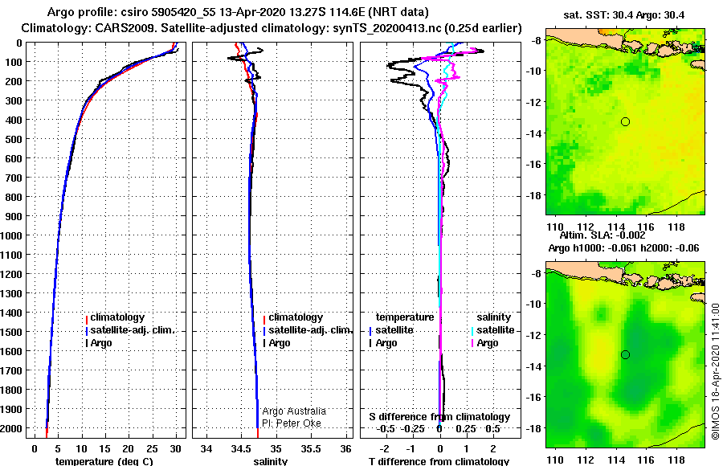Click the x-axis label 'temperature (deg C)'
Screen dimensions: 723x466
click(x=104, y=461)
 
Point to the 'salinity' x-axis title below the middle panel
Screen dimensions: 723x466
click(x=270, y=461)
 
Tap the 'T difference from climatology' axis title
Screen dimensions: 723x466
click(x=439, y=461)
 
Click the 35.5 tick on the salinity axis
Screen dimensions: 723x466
click(x=311, y=448)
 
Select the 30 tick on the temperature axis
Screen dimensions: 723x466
click(x=175, y=448)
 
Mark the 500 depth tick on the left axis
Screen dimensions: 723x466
click(x=14, y=139)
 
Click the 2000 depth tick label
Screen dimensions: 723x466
click(x=11, y=428)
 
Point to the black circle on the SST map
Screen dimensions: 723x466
click(x=625, y=122)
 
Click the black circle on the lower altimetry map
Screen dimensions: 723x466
click(x=625, y=355)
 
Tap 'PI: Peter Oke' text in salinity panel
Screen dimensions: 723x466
click(x=292, y=423)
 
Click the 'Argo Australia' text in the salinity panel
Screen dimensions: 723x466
click(x=294, y=411)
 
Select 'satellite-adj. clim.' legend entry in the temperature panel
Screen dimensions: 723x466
click(x=132, y=330)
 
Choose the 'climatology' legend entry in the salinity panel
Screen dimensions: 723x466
click(x=295, y=317)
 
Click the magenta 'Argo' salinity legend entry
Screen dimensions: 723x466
click(x=485, y=343)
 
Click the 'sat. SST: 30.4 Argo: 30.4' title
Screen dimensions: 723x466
click(x=624, y=15)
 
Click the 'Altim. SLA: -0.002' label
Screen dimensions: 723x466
click(x=602, y=235)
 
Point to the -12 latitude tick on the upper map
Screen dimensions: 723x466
click(x=534, y=101)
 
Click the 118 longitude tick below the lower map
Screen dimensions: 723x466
click(x=677, y=460)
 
